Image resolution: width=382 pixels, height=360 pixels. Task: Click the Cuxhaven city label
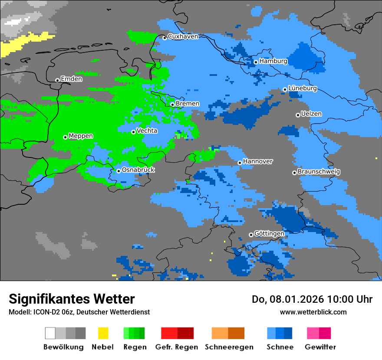click(x=183, y=36)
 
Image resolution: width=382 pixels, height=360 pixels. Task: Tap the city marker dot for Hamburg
click(x=256, y=62)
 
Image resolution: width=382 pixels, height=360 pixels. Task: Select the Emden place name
click(x=71, y=79)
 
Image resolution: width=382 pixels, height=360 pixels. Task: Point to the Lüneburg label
click(x=303, y=88)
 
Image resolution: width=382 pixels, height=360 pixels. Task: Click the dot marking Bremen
click(x=172, y=105)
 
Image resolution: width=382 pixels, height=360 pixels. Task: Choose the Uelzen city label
click(x=311, y=114)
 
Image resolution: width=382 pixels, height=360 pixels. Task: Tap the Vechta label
click(x=147, y=131)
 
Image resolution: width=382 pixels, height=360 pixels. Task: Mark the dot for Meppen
click(x=65, y=137)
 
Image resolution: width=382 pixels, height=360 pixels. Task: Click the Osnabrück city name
click(x=138, y=170)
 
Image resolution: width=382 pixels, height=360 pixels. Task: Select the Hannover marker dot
click(x=240, y=163)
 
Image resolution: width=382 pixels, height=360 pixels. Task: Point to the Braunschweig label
click(x=319, y=172)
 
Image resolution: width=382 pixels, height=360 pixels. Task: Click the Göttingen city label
click(x=269, y=234)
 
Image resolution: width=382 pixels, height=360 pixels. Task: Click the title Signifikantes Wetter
click(x=72, y=299)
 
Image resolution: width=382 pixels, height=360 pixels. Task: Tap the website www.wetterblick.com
click(x=313, y=312)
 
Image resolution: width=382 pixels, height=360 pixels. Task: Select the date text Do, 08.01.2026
click(x=288, y=299)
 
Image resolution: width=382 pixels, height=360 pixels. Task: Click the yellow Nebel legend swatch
click(x=103, y=333)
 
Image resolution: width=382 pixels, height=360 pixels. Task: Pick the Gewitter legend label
click(x=320, y=347)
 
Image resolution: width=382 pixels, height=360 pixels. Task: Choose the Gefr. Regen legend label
click(x=177, y=347)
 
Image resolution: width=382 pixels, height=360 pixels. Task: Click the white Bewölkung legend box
click(x=50, y=333)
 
